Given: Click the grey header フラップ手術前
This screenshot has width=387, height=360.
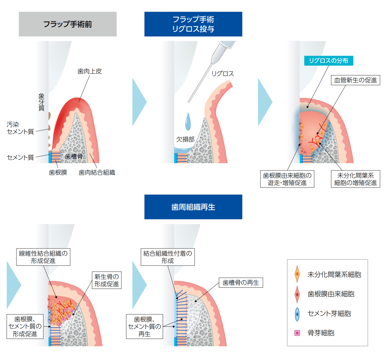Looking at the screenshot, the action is coord(68,24).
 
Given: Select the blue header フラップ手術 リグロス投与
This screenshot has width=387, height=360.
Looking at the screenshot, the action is coord(193,24).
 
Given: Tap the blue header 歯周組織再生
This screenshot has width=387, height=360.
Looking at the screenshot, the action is coord(193,207).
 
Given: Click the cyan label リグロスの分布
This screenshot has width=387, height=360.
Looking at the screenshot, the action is coord(329,61).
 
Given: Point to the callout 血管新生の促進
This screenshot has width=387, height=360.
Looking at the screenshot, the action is coord(356,80).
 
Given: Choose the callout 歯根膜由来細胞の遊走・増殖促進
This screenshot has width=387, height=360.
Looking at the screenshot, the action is coord(287,179).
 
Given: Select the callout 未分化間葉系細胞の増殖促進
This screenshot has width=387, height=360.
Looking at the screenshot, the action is coord(356,179).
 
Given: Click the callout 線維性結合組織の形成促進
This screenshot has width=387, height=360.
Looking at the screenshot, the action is coord(43,257).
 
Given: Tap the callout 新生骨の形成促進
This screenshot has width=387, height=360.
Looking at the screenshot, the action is coord(107,280).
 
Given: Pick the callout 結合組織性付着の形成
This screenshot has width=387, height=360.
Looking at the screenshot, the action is coord(167,257).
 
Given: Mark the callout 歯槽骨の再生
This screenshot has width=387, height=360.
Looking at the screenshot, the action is coord(241,283).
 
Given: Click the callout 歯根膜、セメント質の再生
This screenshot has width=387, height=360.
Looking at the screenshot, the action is coord(145,326).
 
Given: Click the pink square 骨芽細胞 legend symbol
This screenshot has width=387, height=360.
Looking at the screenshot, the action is coord(297,333).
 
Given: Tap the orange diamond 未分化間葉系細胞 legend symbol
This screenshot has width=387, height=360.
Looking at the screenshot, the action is coord(297,274).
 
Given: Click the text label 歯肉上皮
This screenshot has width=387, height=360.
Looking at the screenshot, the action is coord(89,71).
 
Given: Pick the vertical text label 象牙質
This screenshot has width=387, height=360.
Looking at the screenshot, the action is coord(41,102).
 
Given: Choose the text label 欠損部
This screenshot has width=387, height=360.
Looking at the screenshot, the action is coord(185,139).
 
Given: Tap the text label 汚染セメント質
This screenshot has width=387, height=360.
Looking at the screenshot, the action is coord(20,128).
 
